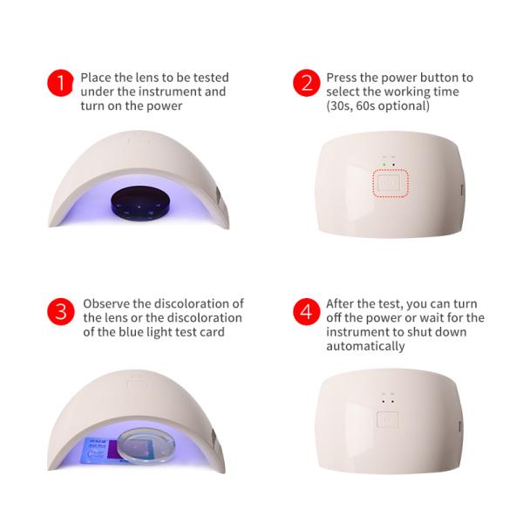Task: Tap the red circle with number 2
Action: point(306,85)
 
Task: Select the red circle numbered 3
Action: point(60,312)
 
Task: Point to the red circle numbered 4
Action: point(306,312)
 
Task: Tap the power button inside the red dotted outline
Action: point(390,184)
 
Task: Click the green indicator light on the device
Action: point(382,162)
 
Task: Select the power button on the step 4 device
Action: point(387,418)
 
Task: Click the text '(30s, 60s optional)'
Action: point(377,106)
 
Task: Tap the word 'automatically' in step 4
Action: point(365,346)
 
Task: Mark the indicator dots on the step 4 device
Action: point(388,397)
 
